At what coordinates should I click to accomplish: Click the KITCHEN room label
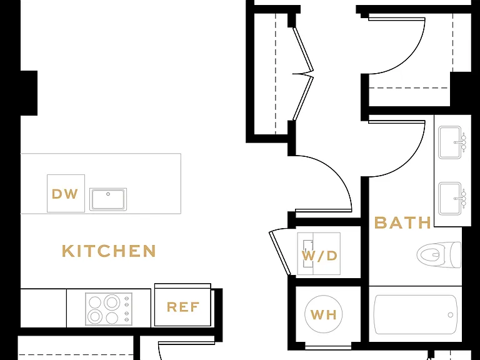coord(109,251)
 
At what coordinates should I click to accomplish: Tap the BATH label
coord(402,222)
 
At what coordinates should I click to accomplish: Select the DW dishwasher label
coord(65,194)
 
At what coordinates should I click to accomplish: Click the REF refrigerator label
coord(182,307)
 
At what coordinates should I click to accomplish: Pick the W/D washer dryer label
coord(319,256)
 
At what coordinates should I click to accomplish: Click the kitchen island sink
coord(108,199)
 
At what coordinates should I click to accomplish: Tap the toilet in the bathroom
coord(439,254)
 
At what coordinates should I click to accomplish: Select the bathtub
coord(415,314)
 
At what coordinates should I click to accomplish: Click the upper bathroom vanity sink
coord(449,142)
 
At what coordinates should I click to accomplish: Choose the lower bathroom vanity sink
coord(449,199)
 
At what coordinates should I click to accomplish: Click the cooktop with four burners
coord(109,309)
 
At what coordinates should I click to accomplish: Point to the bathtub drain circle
coord(450,315)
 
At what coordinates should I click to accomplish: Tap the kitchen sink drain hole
coord(108,194)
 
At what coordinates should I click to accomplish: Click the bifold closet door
coord(303,74)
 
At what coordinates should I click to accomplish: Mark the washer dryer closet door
coord(279,252)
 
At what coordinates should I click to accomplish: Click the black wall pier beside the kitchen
coord(29,93)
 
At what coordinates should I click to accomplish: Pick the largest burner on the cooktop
coord(112,302)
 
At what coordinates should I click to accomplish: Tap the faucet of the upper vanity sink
coord(461,142)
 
